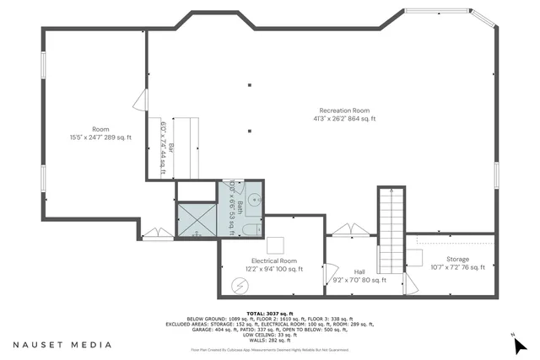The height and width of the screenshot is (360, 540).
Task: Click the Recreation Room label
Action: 344,110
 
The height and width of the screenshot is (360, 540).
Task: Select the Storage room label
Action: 457,259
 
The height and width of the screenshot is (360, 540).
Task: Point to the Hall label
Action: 359,271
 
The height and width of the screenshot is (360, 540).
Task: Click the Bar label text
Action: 171,148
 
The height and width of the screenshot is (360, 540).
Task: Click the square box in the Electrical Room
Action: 275,245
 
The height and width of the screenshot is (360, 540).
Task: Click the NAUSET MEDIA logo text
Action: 62,344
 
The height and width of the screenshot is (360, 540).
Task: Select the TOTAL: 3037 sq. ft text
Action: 271,312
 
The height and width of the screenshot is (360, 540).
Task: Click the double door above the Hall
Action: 348,229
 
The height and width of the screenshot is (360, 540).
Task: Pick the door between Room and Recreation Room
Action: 140,101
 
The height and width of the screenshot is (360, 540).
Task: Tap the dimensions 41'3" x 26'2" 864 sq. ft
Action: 344,119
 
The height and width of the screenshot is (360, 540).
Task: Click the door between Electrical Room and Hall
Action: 331,272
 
